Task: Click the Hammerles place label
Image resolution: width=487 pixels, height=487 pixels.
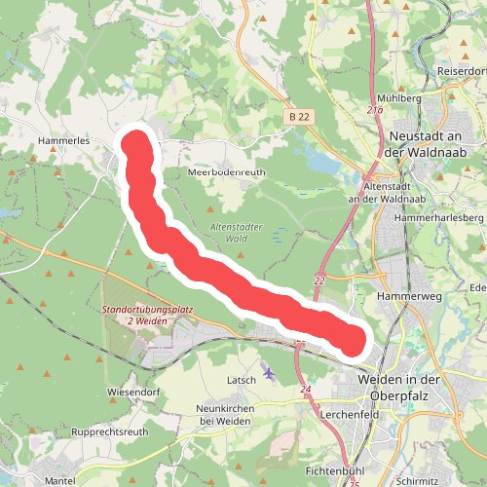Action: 63,140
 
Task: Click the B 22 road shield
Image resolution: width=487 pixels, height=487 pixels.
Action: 299,116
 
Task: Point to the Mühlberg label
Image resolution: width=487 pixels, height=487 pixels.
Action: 397,98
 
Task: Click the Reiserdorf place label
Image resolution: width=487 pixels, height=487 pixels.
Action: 461,71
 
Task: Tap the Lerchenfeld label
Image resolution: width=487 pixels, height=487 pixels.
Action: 348,413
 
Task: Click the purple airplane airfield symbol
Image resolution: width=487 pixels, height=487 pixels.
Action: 269,373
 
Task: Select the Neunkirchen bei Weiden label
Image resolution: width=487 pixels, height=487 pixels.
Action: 226,413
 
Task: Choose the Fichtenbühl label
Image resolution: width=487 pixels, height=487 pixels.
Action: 334,469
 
